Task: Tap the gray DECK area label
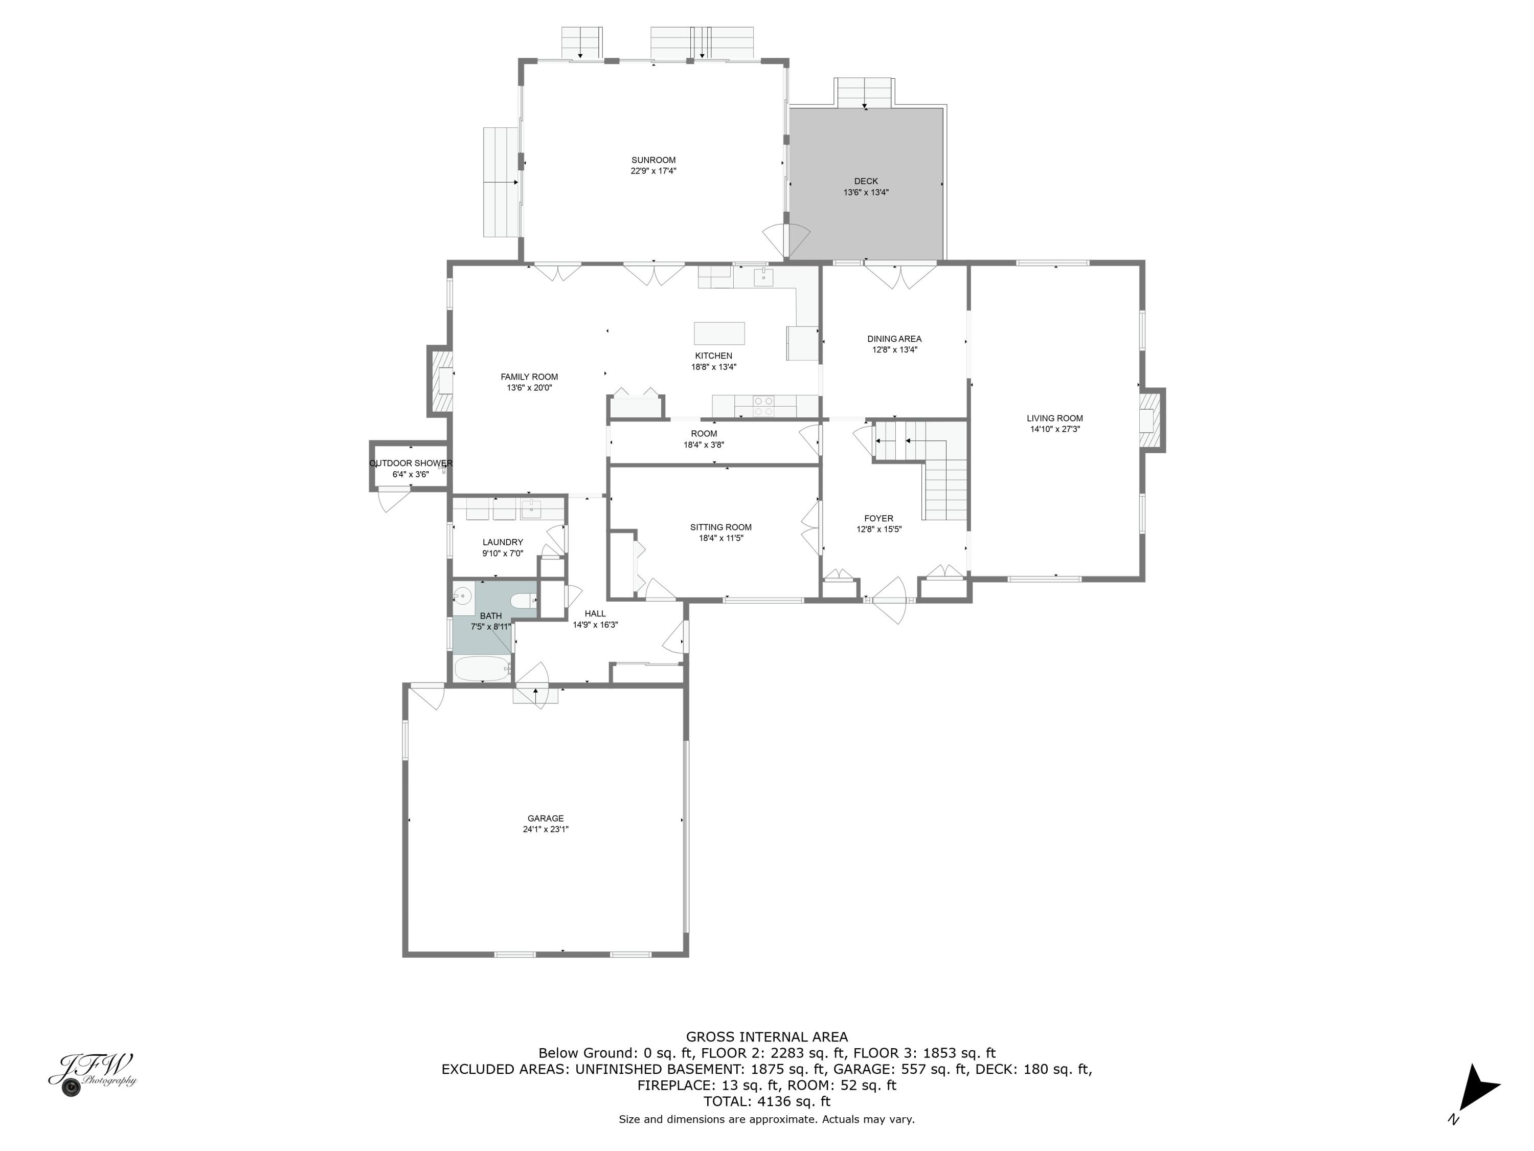click(x=866, y=182)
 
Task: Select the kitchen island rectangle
click(x=719, y=333)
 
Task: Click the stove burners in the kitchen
click(x=763, y=406)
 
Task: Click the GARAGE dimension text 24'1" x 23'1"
click(x=546, y=829)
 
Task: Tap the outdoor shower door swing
click(x=393, y=499)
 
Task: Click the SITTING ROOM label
click(x=720, y=527)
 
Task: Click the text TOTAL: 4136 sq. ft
click(x=766, y=1101)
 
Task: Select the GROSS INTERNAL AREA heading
click(x=766, y=1036)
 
